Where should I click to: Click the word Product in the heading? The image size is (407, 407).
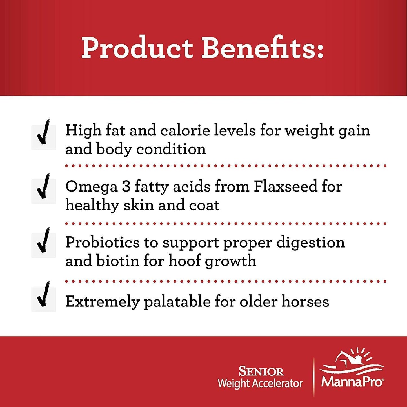(x=137, y=48)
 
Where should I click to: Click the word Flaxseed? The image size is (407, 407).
(x=284, y=186)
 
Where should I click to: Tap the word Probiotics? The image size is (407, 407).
(x=103, y=242)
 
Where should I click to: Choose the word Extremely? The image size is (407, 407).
(x=103, y=302)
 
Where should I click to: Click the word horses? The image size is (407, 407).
(x=305, y=301)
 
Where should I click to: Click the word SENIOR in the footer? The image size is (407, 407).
(x=261, y=372)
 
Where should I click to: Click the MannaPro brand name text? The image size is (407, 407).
(x=352, y=382)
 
